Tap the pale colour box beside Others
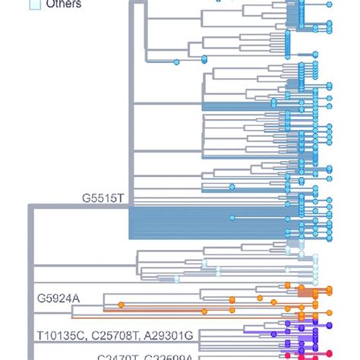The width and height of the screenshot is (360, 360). point(34,4)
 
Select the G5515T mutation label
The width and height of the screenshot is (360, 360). point(103,197)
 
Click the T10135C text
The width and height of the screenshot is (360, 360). point(62,334)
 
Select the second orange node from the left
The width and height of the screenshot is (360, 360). point(204,310)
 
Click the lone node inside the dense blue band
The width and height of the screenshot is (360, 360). point(232,218)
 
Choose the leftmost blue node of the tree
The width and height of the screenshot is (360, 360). point(176,61)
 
